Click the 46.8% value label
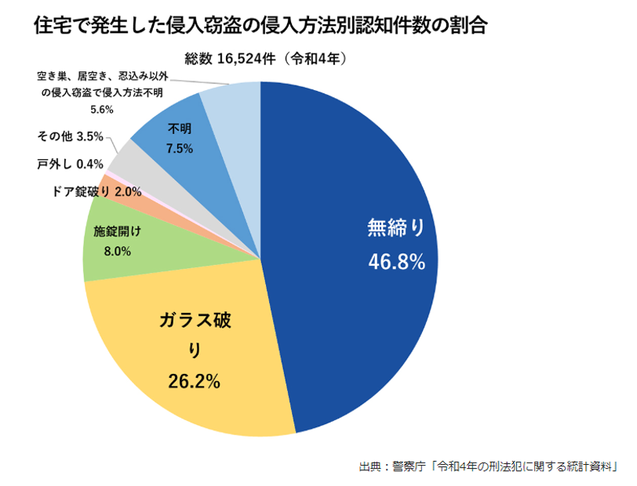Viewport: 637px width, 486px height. pyautogui.click(x=396, y=262)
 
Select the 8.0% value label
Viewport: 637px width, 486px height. pyautogui.click(x=117, y=252)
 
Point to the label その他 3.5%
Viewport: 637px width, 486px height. pyautogui.click(x=70, y=136)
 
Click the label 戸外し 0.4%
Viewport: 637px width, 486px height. pyautogui.click(x=70, y=164)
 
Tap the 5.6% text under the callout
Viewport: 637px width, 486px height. pyautogui.click(x=102, y=110)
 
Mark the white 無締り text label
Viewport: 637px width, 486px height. pyautogui.click(x=396, y=227)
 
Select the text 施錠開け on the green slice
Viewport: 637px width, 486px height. pyautogui.click(x=117, y=232)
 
